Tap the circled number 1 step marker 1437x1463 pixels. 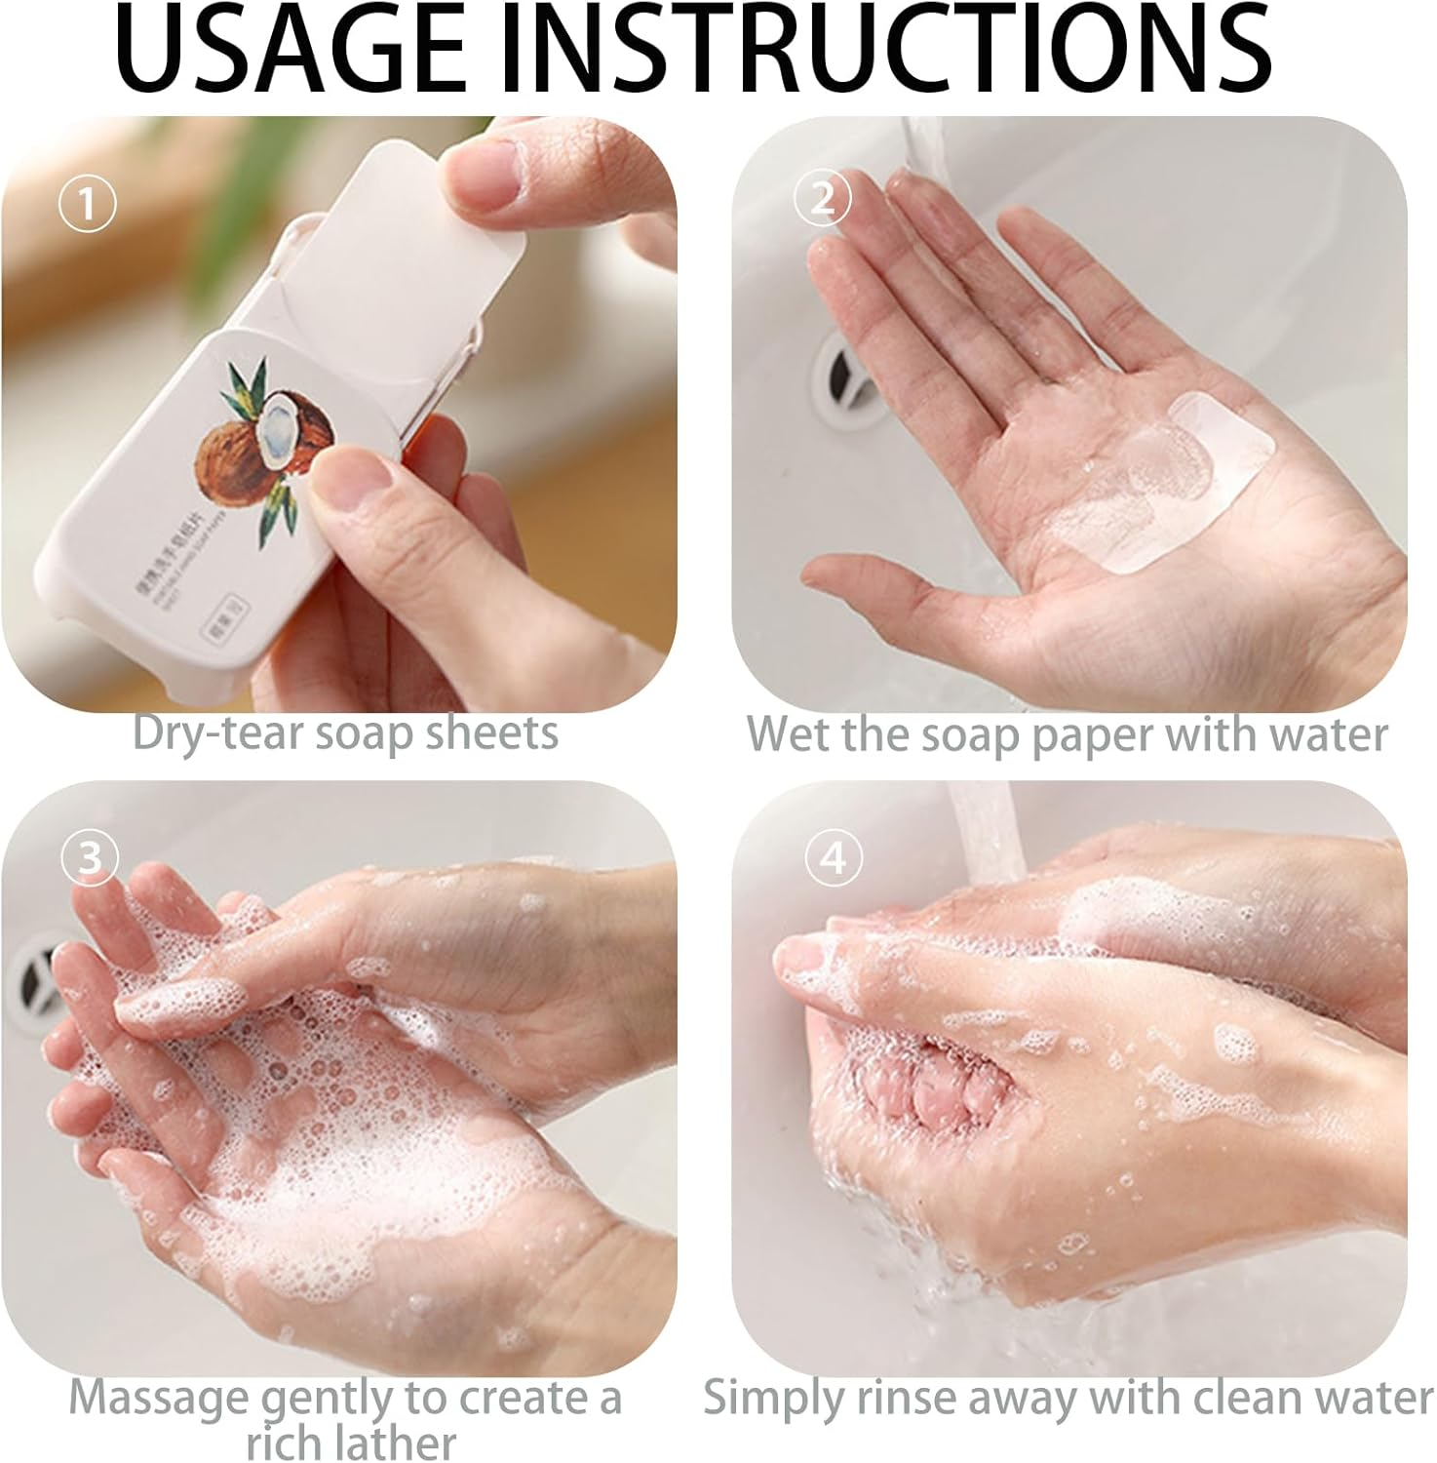tap(88, 205)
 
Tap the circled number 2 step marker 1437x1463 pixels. tap(823, 199)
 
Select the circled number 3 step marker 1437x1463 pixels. tap(90, 858)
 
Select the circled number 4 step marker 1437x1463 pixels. tap(834, 858)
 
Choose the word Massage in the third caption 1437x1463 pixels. tap(158, 1398)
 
